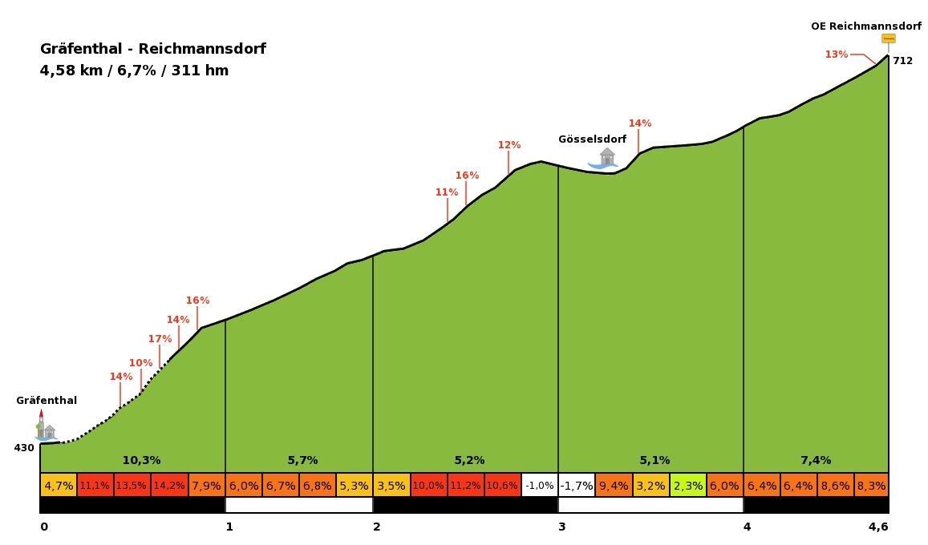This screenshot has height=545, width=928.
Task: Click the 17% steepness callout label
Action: click(160, 339)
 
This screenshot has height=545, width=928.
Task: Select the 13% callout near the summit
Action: click(836, 54)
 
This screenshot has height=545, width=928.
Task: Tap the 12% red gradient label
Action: click(509, 145)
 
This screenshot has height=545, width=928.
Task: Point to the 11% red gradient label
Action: click(447, 192)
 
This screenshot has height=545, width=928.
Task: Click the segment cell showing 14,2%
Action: click(169, 486)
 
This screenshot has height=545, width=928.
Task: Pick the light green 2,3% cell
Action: click(688, 486)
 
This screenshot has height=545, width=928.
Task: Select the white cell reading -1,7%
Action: click(577, 486)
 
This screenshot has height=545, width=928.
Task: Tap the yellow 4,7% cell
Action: click(59, 486)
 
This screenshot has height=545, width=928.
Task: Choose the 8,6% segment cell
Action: click(835, 486)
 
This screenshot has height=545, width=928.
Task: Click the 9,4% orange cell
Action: click(614, 486)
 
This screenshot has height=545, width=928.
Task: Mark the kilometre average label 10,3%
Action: click(141, 460)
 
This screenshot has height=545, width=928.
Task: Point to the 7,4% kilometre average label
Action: click(816, 460)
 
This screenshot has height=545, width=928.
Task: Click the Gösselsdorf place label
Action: click(592, 139)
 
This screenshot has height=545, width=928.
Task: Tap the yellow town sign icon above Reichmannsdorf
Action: click(888, 38)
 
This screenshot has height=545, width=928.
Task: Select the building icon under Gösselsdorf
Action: click(606, 157)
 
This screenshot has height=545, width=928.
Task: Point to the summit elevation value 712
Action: click(902, 61)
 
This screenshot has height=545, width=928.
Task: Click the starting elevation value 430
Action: click(24, 448)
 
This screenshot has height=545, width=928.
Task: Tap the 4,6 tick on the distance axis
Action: click(879, 527)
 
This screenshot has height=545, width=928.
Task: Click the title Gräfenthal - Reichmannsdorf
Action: click(152, 49)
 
